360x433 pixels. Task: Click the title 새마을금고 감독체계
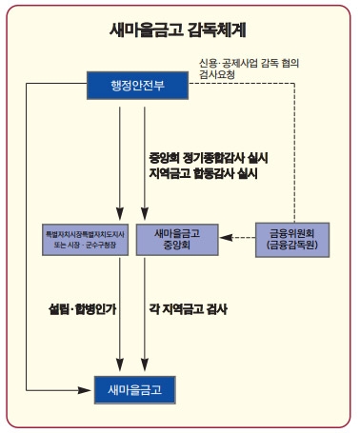point(180,30)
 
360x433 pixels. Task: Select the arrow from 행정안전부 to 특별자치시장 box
point(120,162)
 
